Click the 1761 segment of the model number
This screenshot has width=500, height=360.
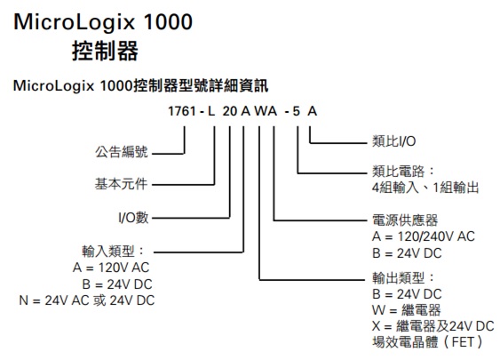click(x=182, y=111)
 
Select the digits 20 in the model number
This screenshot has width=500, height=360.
click(x=230, y=111)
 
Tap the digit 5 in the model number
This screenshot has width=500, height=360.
click(x=297, y=111)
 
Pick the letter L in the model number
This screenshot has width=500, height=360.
click(x=211, y=111)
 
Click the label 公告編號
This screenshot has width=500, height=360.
click(x=122, y=152)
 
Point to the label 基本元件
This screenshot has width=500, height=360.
click(x=121, y=184)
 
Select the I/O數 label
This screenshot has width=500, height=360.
click(x=133, y=218)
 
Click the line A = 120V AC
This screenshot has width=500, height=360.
click(x=111, y=268)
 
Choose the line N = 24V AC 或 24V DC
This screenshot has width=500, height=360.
click(x=87, y=300)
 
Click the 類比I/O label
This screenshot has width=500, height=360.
click(x=394, y=141)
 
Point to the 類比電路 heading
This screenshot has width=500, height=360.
click(x=403, y=172)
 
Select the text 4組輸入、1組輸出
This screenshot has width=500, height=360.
click(x=425, y=188)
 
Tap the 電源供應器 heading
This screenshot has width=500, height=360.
click(x=405, y=220)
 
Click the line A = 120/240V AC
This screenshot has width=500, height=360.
click(x=424, y=236)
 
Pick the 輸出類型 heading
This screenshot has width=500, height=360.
click(x=403, y=278)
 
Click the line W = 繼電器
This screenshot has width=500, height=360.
click(x=407, y=309)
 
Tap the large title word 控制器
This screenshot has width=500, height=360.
click(x=105, y=51)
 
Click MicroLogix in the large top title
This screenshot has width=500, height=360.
click(x=75, y=22)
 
